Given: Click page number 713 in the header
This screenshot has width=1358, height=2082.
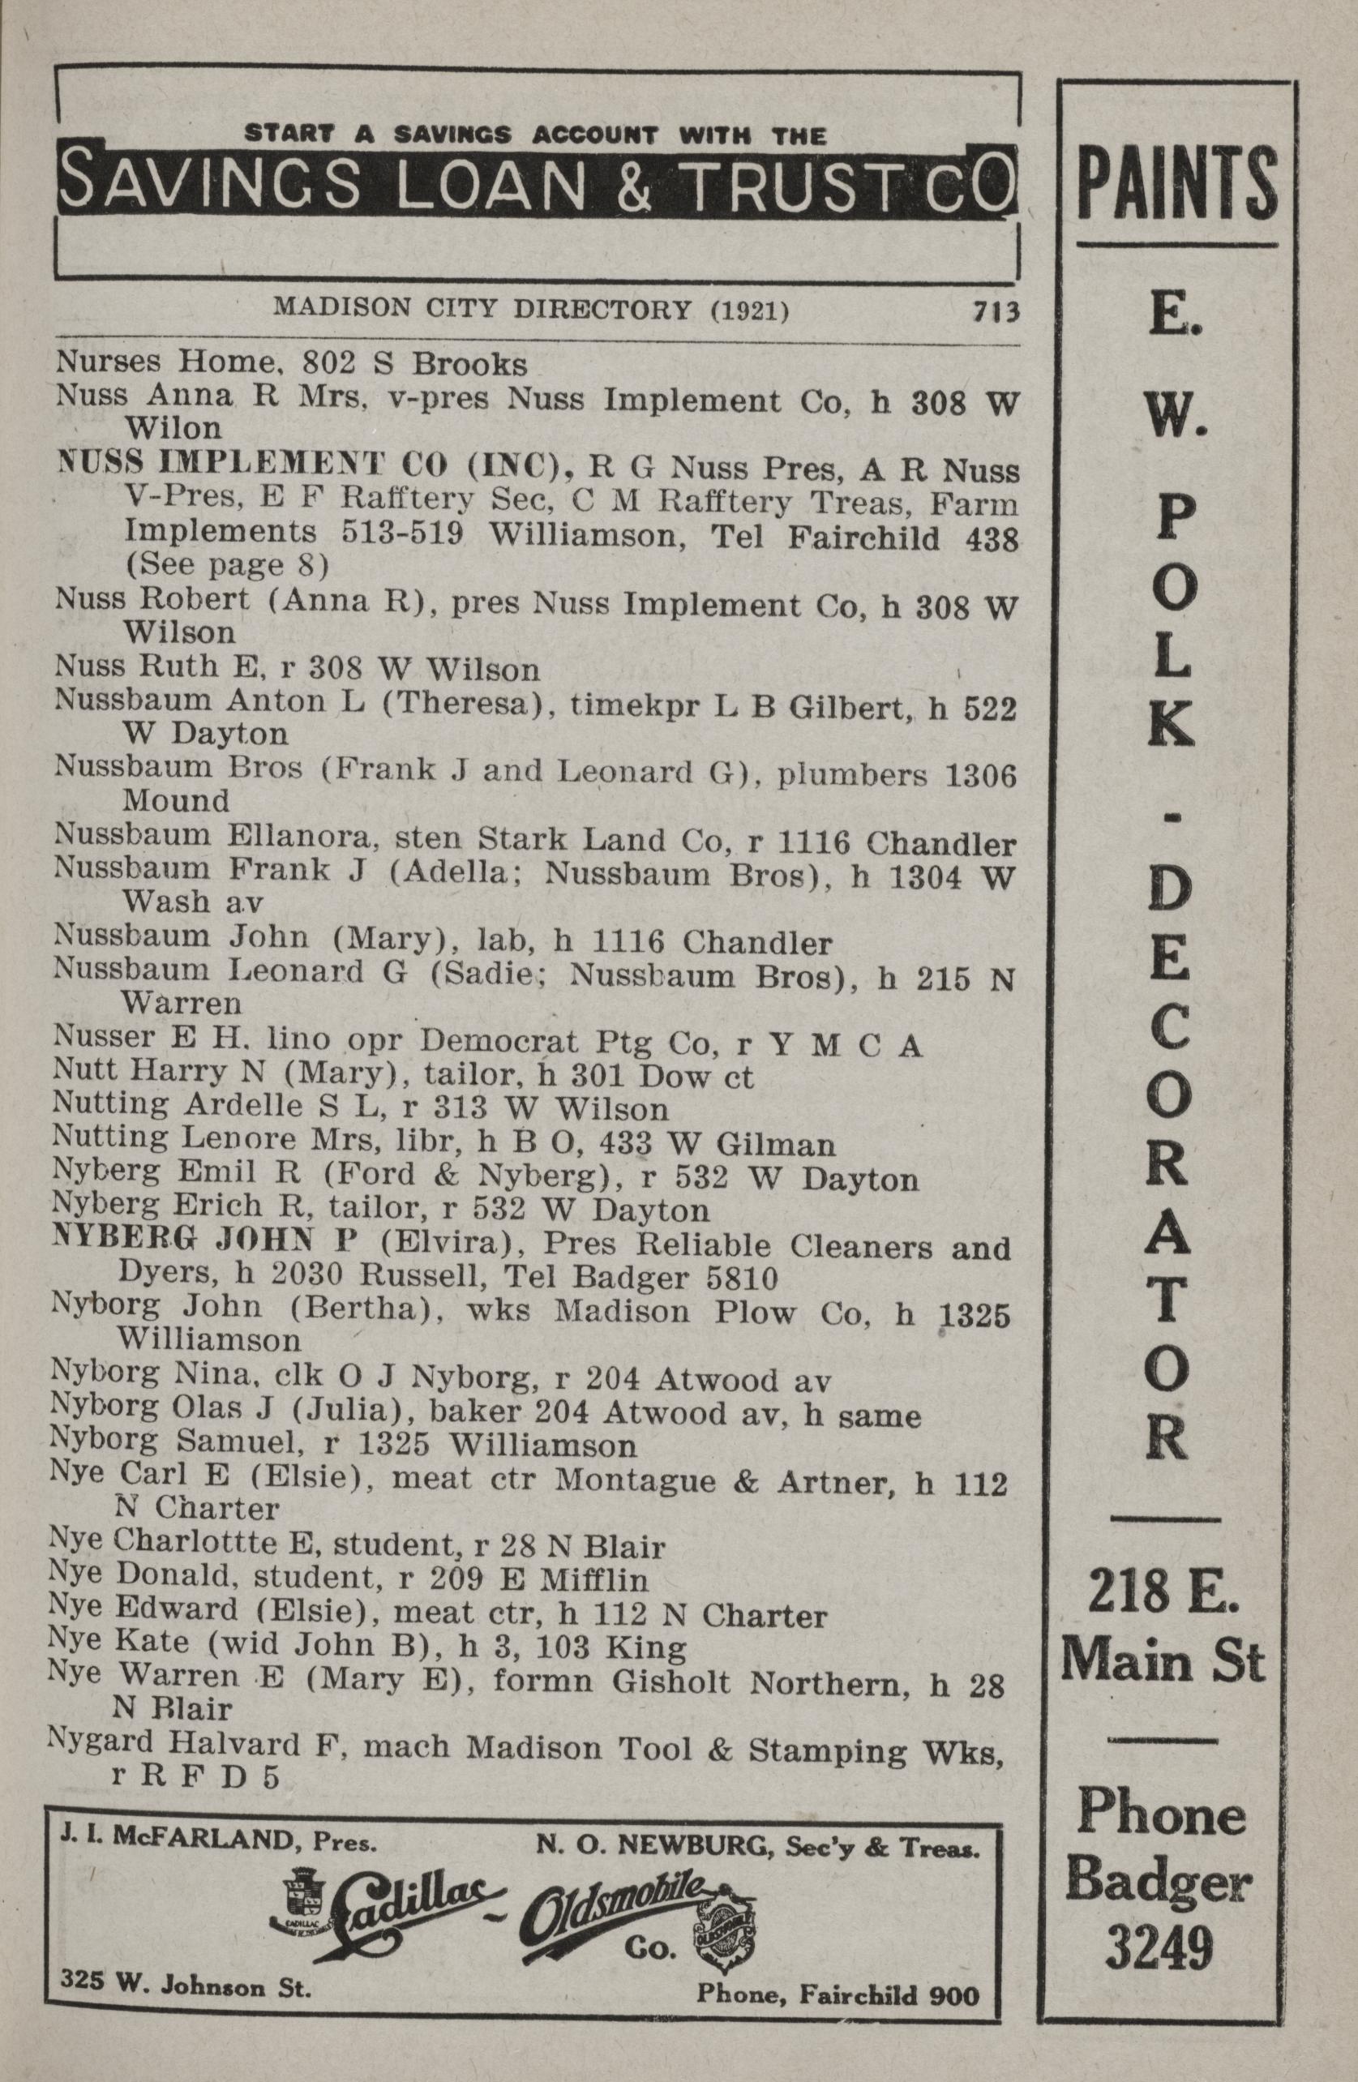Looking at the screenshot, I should point(994,311).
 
